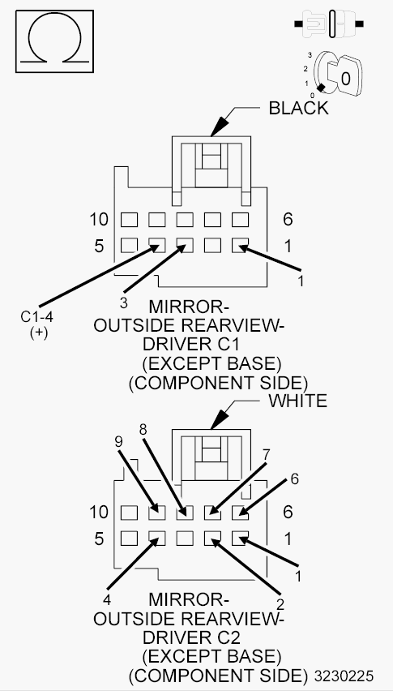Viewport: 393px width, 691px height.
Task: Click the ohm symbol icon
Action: [x=54, y=41]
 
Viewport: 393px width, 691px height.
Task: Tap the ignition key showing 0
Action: [x=340, y=75]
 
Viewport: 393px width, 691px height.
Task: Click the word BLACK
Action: [x=298, y=108]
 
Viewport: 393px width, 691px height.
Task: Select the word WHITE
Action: [x=298, y=401]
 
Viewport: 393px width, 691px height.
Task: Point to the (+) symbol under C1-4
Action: [x=39, y=333]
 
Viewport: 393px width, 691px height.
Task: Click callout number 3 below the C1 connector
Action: [x=124, y=303]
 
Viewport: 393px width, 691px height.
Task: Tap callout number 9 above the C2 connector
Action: [x=119, y=442]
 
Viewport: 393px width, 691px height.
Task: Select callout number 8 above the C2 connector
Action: [x=143, y=430]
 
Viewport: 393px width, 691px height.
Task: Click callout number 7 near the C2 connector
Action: [x=265, y=456]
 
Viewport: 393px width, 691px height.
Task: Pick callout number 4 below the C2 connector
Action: [x=106, y=600]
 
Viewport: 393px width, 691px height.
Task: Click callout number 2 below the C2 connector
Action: [x=280, y=603]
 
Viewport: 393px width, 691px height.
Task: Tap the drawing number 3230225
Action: [x=344, y=676]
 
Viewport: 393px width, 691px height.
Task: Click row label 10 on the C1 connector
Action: [x=99, y=219]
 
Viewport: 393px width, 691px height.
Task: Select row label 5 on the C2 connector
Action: [x=99, y=539]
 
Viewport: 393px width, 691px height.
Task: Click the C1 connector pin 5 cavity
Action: [x=129, y=245]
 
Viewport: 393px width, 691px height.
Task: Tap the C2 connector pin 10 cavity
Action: [x=129, y=513]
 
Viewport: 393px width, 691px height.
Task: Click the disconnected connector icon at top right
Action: [x=330, y=24]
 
